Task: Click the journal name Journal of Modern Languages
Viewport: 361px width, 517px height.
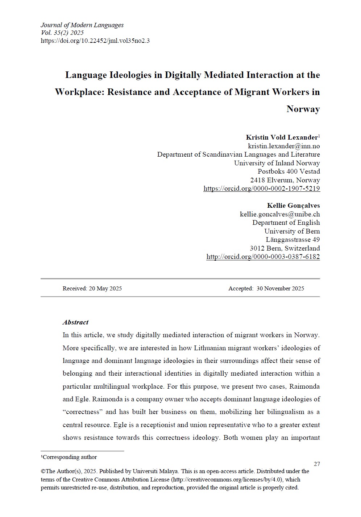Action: click(x=82, y=25)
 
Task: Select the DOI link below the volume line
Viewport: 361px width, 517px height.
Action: click(x=95, y=41)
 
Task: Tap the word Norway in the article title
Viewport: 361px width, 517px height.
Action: click(x=303, y=109)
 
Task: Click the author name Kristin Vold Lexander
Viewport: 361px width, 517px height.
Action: click(x=282, y=137)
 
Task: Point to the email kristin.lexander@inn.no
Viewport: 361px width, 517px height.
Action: click(x=284, y=146)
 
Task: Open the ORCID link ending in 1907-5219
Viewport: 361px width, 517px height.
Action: click(x=262, y=189)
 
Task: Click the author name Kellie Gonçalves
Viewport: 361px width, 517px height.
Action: click(x=293, y=206)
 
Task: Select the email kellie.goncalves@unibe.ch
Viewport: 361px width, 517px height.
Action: click(x=280, y=214)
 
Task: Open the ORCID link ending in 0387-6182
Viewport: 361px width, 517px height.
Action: click(x=263, y=257)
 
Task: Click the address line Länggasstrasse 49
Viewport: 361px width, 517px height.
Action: click(x=292, y=240)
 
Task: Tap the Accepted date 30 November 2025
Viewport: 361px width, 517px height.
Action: click(x=280, y=289)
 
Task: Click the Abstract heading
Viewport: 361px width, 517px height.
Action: click(x=75, y=322)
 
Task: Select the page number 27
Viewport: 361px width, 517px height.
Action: click(x=317, y=464)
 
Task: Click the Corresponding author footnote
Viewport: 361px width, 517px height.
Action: click(x=70, y=457)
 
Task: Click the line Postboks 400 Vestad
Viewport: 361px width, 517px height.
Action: click(x=289, y=171)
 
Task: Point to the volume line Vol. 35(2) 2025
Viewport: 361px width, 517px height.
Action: click(x=62, y=33)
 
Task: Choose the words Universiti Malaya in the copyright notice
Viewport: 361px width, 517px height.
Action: click(x=155, y=471)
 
